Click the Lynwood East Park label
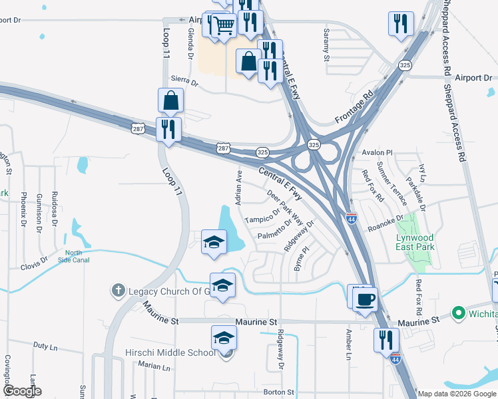[415, 242]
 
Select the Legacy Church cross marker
[118, 291]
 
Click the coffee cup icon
[365, 300]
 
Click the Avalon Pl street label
[378, 152]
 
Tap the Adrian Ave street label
[238, 187]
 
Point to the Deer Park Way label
[285, 208]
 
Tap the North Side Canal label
[77, 256]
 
